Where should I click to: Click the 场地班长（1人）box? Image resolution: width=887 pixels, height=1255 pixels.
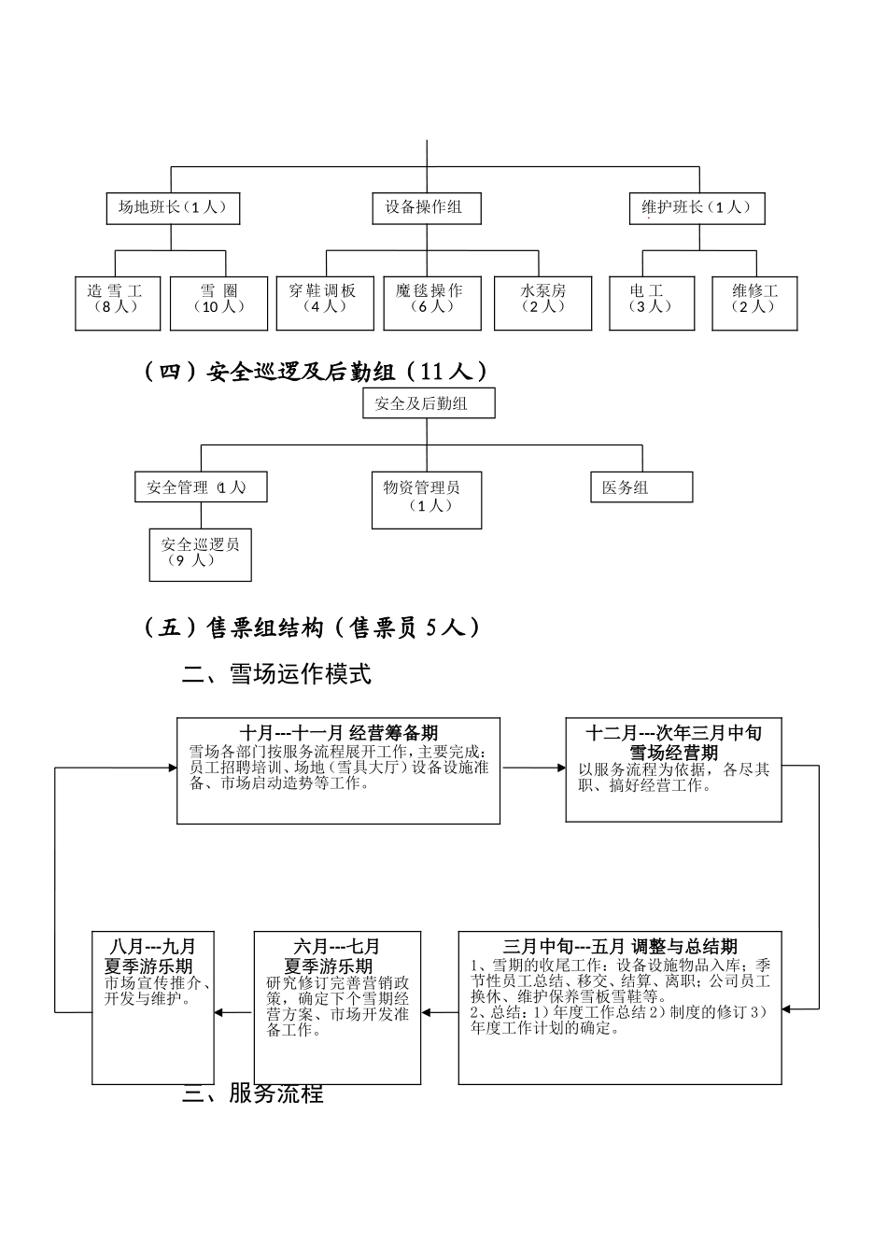[173, 208]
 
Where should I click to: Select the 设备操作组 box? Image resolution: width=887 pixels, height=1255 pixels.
[427, 208]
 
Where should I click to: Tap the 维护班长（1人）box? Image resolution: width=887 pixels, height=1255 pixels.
[697, 208]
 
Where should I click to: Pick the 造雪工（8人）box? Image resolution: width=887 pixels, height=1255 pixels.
[119, 303]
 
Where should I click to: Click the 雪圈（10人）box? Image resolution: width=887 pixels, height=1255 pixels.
[219, 303]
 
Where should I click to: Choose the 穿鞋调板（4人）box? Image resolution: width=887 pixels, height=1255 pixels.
[324, 303]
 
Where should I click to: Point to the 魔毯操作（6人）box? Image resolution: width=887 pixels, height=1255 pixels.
[432, 303]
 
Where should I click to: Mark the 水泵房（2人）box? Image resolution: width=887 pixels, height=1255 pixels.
[542, 303]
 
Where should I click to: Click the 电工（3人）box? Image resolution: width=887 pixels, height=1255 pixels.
[652, 303]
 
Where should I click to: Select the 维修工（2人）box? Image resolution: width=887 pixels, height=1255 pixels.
[754, 303]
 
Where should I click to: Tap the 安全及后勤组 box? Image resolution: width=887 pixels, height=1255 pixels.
[429, 403]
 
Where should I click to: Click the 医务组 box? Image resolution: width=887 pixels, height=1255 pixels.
[641, 487]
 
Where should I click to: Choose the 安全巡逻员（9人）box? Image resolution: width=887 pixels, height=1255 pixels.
[200, 555]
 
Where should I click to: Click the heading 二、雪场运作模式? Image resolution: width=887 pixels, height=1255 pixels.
[277, 674]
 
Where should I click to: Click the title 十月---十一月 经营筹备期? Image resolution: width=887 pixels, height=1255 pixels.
[339, 734]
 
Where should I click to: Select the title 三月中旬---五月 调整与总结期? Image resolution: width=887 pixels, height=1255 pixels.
[620, 947]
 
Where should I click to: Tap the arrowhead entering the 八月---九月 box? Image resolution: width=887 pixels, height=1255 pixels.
[219, 1012]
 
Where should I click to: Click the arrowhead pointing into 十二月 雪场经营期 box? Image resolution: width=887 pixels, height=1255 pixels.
[560, 769]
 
